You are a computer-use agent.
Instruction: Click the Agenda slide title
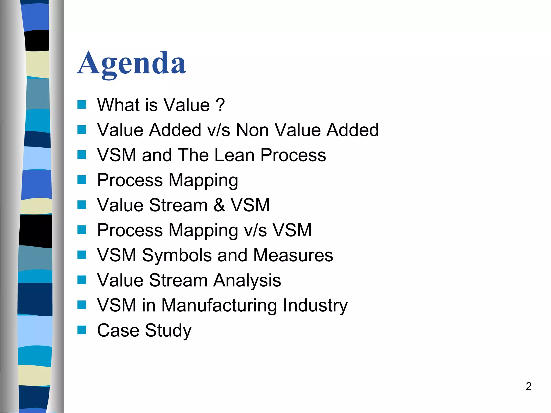pyautogui.click(x=132, y=64)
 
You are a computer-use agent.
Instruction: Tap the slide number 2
pyautogui.click(x=528, y=386)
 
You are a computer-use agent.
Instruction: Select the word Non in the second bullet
pyautogui.click(x=252, y=130)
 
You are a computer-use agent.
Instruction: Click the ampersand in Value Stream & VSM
pyautogui.click(x=219, y=205)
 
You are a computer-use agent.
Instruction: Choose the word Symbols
pyautogui.click(x=177, y=255)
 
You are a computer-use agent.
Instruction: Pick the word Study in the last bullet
pyautogui.click(x=168, y=330)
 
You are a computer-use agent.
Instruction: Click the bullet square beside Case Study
pyautogui.click(x=82, y=330)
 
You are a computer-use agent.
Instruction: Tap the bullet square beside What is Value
pyautogui.click(x=82, y=104)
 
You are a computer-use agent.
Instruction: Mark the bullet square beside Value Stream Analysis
pyautogui.click(x=82, y=280)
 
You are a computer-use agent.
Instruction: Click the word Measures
pyautogui.click(x=293, y=255)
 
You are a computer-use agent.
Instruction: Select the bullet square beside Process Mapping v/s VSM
pyautogui.click(x=82, y=230)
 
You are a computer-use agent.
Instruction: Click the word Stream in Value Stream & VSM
pyautogui.click(x=178, y=205)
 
